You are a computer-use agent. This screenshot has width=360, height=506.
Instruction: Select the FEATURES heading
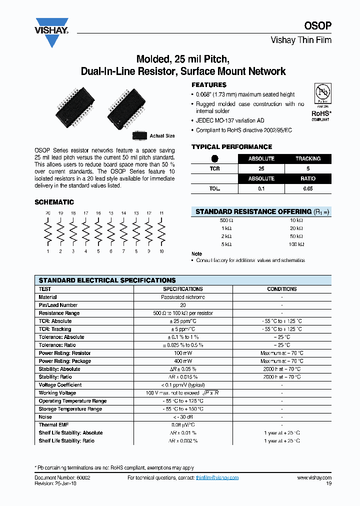click(209, 85)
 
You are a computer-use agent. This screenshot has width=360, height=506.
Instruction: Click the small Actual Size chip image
click(139, 135)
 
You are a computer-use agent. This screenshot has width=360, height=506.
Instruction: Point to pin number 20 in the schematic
click(48, 213)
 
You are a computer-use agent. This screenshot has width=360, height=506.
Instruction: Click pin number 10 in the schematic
click(161, 251)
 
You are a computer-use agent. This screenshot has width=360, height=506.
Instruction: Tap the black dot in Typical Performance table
click(214, 159)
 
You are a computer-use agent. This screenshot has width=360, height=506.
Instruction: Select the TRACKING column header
click(308, 159)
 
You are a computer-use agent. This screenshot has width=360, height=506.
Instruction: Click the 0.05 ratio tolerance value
click(308, 188)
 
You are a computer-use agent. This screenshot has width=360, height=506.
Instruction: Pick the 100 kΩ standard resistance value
click(296, 244)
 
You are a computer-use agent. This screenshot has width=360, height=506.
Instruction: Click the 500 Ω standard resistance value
click(226, 220)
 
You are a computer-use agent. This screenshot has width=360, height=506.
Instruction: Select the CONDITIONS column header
click(282, 289)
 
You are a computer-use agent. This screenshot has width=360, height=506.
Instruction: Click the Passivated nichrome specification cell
click(183, 297)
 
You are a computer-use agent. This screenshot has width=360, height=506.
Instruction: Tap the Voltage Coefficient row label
click(60, 385)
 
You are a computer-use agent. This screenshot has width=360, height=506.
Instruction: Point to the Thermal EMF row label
click(53, 425)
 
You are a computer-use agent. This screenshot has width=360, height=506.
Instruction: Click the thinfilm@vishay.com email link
click(217, 478)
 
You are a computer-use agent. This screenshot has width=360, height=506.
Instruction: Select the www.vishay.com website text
click(314, 478)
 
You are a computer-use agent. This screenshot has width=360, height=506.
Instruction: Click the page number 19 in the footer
click(328, 483)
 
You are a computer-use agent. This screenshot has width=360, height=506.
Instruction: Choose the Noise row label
click(45, 417)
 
